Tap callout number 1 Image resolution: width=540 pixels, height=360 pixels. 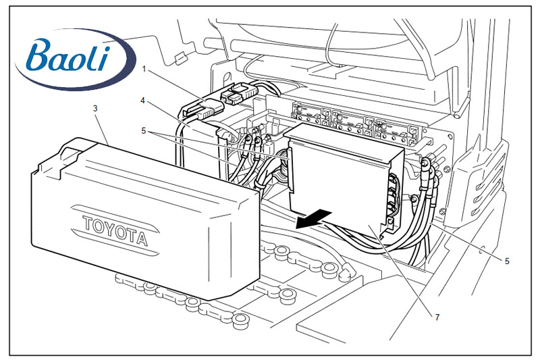[x=144, y=68]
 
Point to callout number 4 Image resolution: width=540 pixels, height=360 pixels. [x=143, y=101]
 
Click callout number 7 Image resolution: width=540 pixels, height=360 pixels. [x=437, y=317]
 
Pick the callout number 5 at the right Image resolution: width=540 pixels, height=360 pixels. [x=507, y=260]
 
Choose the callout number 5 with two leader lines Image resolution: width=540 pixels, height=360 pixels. [x=143, y=131]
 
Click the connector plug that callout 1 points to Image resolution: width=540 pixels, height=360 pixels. [x=200, y=107]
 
